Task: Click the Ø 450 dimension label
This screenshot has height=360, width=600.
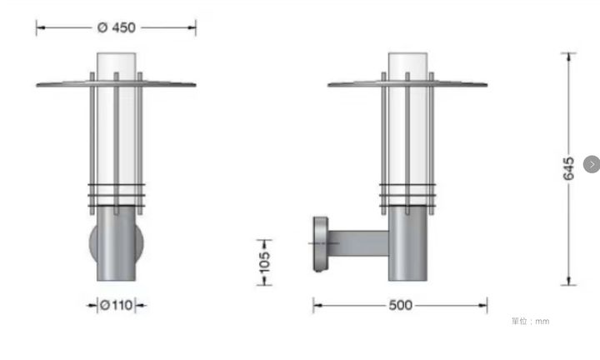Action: coord(117,27)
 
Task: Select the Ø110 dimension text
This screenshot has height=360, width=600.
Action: coord(117,305)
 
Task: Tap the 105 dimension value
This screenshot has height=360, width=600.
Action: coord(264,262)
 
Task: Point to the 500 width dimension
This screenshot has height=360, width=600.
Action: coord(400,305)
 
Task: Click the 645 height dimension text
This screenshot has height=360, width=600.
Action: coord(568,168)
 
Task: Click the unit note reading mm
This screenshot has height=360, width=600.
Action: coord(542,322)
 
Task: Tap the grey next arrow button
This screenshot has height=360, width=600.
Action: coord(592,164)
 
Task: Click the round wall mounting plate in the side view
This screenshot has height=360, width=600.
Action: coord(321,244)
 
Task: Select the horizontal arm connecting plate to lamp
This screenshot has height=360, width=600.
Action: coord(358,243)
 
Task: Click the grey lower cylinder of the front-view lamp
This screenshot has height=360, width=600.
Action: coord(116,243)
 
